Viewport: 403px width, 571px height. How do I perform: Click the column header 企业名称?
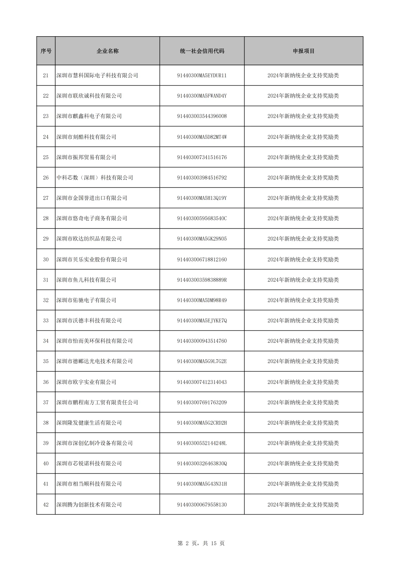pyautogui.click(x=107, y=51)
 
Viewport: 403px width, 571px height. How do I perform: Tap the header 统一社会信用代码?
pyautogui.click(x=202, y=51)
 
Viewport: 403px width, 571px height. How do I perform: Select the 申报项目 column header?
pyautogui.click(x=303, y=51)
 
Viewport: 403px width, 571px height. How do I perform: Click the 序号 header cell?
pyautogui.click(x=46, y=51)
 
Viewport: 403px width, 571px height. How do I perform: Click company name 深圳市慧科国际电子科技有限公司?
pyautogui.click(x=97, y=75)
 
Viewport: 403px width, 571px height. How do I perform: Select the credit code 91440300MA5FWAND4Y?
pyautogui.click(x=202, y=96)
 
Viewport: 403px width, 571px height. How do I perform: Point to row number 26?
pyautogui.click(x=46, y=178)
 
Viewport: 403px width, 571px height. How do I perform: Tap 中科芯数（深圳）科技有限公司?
pyautogui.click(x=95, y=178)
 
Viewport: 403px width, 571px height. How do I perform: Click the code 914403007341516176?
pyautogui.click(x=202, y=157)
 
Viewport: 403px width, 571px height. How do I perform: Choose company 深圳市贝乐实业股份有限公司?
pyautogui.click(x=92, y=260)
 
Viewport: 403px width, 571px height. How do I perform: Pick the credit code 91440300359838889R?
pyautogui.click(x=202, y=280)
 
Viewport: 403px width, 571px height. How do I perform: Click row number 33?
pyautogui.click(x=46, y=320)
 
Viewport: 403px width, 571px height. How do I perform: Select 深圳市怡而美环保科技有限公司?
pyautogui.click(x=94, y=341)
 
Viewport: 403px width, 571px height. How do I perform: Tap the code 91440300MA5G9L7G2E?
pyautogui.click(x=202, y=361)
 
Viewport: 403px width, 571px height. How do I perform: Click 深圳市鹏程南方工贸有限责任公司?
pyautogui.click(x=97, y=403)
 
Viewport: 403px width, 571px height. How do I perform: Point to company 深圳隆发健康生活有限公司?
pyautogui.click(x=89, y=423)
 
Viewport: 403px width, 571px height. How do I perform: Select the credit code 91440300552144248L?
pyautogui.click(x=202, y=443)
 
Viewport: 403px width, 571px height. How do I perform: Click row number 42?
pyautogui.click(x=46, y=505)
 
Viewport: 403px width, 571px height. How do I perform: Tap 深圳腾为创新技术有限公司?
pyautogui.click(x=89, y=505)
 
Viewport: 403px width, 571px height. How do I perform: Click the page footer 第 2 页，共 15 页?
pyautogui.click(x=201, y=543)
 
